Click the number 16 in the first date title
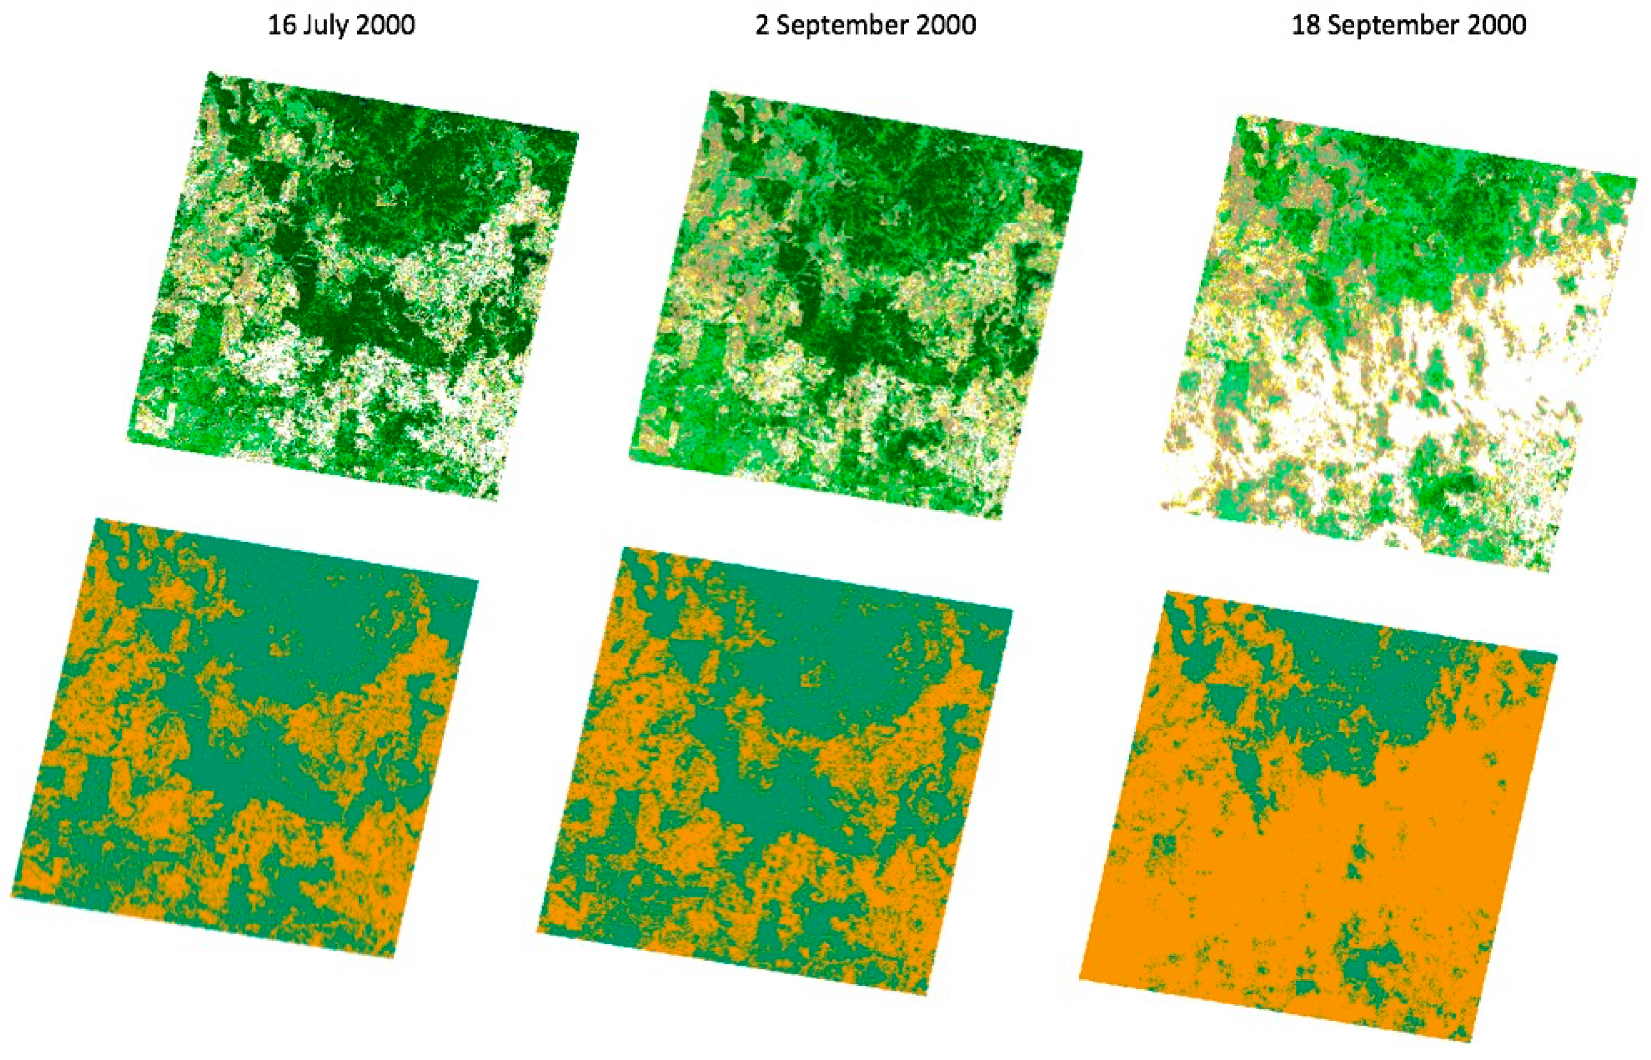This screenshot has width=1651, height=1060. coord(280,26)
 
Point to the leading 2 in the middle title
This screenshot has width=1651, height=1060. coord(762,26)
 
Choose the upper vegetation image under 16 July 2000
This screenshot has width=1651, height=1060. coord(352,286)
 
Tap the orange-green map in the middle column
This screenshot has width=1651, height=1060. coord(774,771)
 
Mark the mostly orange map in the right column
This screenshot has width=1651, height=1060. coord(1318,816)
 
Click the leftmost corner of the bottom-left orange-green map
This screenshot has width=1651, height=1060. coord(12,896)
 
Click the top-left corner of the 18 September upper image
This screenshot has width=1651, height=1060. coord(1238,116)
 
